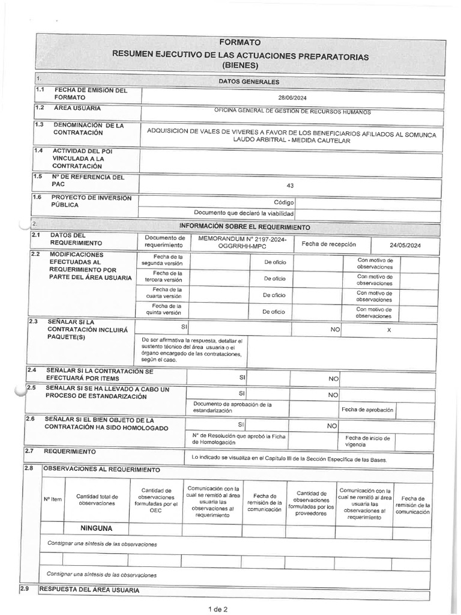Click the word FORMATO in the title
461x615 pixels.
coord(240,43)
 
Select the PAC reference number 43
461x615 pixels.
coord(290,186)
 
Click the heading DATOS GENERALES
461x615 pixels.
coord(240,81)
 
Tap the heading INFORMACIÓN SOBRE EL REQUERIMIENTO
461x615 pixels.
coord(245,227)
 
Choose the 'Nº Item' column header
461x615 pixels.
coord(52,500)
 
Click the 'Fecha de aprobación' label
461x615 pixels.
coord(367,410)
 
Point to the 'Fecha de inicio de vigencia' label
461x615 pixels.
coord(367,441)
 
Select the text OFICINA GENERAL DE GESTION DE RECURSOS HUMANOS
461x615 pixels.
coord(293,112)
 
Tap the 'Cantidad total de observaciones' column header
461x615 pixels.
coord(97,500)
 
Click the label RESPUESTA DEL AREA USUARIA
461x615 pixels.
coord(89,590)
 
